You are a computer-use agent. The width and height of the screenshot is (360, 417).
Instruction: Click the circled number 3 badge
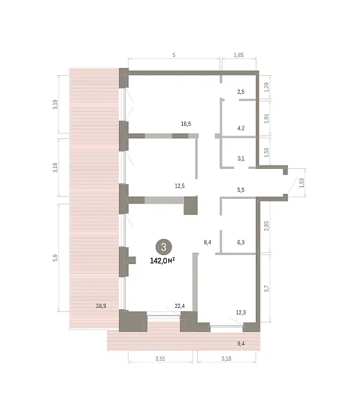(163, 247)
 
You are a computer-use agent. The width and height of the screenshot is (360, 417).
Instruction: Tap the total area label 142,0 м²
(162, 261)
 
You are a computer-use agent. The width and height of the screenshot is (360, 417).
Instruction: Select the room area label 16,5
(186, 124)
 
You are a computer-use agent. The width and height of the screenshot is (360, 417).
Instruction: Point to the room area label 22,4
(180, 306)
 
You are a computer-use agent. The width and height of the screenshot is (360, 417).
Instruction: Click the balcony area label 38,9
(101, 306)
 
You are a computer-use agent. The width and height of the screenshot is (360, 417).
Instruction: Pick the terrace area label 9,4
(241, 343)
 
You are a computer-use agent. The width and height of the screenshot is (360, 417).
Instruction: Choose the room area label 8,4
(207, 242)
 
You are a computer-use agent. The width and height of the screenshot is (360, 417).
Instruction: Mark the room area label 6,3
(241, 242)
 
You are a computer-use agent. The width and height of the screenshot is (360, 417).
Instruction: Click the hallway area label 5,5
(241, 190)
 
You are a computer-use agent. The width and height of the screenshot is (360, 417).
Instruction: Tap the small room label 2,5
(241, 92)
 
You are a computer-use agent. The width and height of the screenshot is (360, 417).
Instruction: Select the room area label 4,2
(241, 128)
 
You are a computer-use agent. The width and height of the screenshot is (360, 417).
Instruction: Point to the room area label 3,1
(241, 158)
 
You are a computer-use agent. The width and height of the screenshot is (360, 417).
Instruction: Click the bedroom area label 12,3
(241, 312)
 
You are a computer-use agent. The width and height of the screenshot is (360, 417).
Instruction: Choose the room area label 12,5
(180, 186)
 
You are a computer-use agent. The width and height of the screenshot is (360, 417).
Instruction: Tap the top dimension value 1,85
(238, 55)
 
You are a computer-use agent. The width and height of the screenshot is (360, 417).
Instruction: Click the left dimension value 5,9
(55, 258)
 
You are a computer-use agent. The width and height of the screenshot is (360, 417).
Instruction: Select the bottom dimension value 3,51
(160, 359)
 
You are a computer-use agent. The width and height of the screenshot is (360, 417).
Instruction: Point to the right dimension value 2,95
(266, 225)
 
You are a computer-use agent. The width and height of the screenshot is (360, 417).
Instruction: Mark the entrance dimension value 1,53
(302, 183)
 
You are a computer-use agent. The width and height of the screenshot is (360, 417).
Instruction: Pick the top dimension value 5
(174, 55)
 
